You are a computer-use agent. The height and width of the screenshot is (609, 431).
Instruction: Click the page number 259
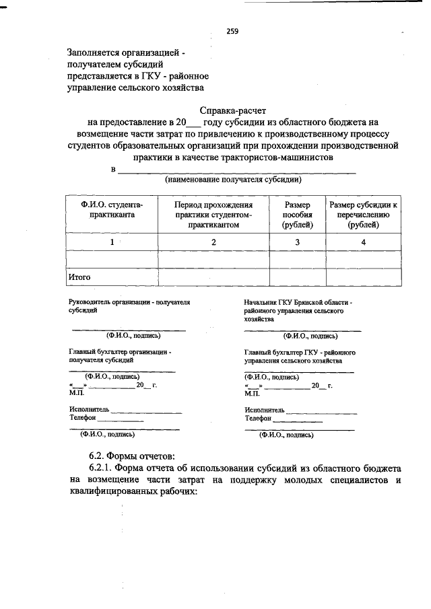(x=232, y=31)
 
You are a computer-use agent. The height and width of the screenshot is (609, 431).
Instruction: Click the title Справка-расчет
(x=233, y=110)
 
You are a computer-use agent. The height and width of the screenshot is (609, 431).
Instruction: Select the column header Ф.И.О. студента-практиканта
(x=112, y=209)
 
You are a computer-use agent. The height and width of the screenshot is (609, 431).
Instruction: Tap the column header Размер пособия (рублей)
(x=297, y=215)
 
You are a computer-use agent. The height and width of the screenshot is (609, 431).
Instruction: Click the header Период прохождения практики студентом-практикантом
(x=213, y=215)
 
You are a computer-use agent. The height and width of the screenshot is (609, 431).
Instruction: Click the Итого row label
(x=80, y=277)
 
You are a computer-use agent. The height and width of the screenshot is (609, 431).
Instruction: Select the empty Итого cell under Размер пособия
(x=297, y=277)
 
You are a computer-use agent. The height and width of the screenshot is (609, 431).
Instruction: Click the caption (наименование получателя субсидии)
(x=233, y=180)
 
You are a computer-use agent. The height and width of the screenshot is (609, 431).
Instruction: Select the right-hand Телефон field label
(x=260, y=418)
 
